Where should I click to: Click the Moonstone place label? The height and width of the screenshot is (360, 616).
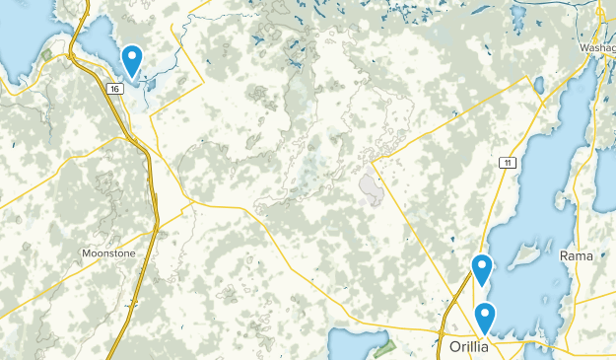[108, 253]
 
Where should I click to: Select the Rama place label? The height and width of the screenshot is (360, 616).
[577, 255]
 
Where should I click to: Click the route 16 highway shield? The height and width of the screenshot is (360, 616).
[115, 89]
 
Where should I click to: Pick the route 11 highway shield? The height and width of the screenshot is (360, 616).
[507, 163]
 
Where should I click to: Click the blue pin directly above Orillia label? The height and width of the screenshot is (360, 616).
[485, 318]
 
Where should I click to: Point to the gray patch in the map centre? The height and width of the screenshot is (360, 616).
[372, 187]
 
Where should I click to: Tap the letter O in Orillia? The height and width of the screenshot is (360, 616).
[444, 347]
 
